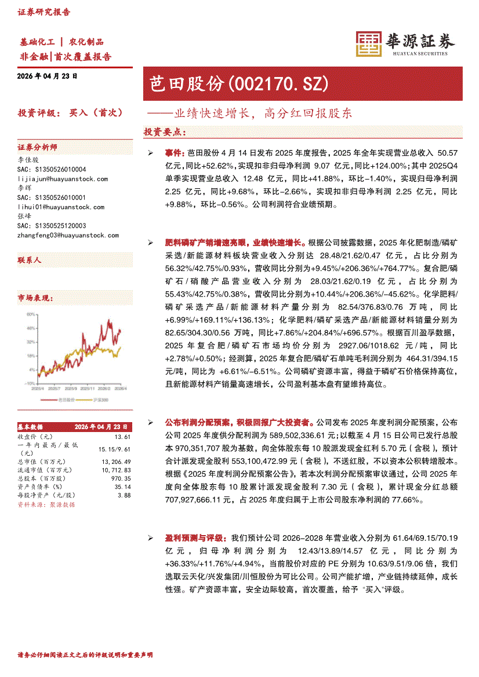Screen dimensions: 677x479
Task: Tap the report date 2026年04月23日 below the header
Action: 48,76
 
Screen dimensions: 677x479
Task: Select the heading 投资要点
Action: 165,132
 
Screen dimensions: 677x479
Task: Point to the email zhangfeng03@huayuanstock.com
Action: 68,235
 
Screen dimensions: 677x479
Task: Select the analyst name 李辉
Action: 24,188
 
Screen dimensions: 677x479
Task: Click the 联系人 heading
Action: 30,261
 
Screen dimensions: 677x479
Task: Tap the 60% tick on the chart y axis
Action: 30,314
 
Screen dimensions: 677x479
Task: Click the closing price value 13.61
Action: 122,436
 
